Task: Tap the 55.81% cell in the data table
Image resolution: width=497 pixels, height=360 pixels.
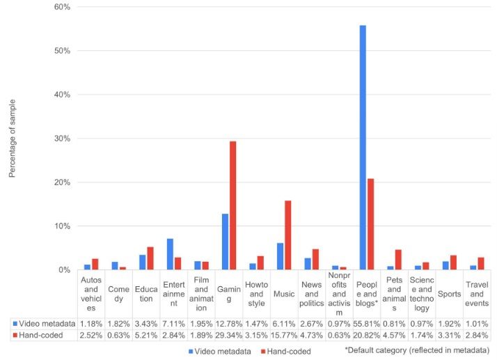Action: coord(366,324)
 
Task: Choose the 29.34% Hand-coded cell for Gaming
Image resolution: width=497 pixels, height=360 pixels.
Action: coord(229,336)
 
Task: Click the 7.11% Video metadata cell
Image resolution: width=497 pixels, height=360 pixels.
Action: coord(173,324)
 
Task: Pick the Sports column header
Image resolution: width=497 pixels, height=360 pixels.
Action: coord(449,294)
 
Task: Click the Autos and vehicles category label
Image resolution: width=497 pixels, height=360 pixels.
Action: coord(91,294)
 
